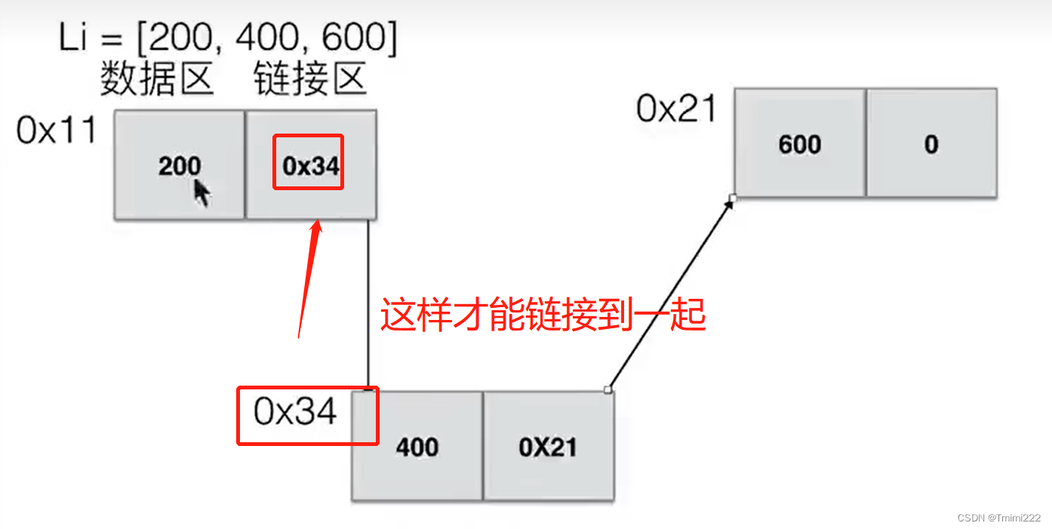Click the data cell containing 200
pyautogui.click(x=179, y=165)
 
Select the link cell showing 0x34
pyautogui.click(x=310, y=165)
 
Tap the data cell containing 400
pyautogui.click(x=417, y=446)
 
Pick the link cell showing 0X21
pyautogui.click(x=548, y=446)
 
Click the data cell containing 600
pyautogui.click(x=799, y=143)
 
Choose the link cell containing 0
pyautogui.click(x=931, y=143)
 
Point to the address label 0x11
pyautogui.click(x=57, y=131)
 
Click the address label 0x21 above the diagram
pyautogui.click(x=675, y=109)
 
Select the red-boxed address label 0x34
pyautogui.click(x=296, y=413)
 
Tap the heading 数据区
pyautogui.click(x=157, y=79)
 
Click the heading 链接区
pyautogui.click(x=310, y=79)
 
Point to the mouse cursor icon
pyautogui.click(x=201, y=192)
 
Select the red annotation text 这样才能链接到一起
pyautogui.click(x=542, y=315)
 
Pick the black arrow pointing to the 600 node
pyautogui.click(x=670, y=294)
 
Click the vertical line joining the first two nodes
pyautogui.click(x=368, y=302)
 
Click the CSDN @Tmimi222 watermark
pyautogui.click(x=998, y=518)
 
